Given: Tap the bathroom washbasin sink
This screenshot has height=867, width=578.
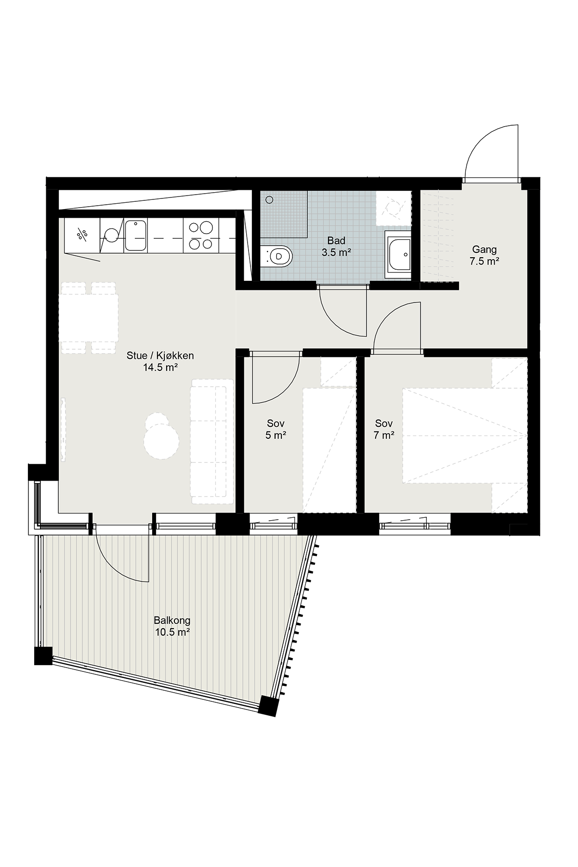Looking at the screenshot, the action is coord(398,254).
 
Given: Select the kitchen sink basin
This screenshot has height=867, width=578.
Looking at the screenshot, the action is coord(135,235).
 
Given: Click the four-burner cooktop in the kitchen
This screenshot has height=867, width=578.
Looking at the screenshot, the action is coord(201,235).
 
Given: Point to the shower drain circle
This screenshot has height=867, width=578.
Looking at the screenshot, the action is coord(269,198).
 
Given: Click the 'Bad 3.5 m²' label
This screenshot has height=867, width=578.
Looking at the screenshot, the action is coord(336,246).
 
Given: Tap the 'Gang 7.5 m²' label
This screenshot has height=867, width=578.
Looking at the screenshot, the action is coord(484,255).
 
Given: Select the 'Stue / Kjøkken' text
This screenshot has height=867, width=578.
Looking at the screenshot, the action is coord(160,356).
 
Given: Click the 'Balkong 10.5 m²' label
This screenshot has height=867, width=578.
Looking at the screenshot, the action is coord(172,626).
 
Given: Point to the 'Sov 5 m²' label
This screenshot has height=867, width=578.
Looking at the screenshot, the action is coord(276,429).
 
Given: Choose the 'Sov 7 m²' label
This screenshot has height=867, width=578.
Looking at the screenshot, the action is coord(384,429).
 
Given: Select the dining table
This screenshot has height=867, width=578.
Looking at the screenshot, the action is coord(89,318).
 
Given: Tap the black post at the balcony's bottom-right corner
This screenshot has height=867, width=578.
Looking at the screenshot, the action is coord(268,706).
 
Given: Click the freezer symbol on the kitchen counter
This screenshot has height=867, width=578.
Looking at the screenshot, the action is coord(82,235).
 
